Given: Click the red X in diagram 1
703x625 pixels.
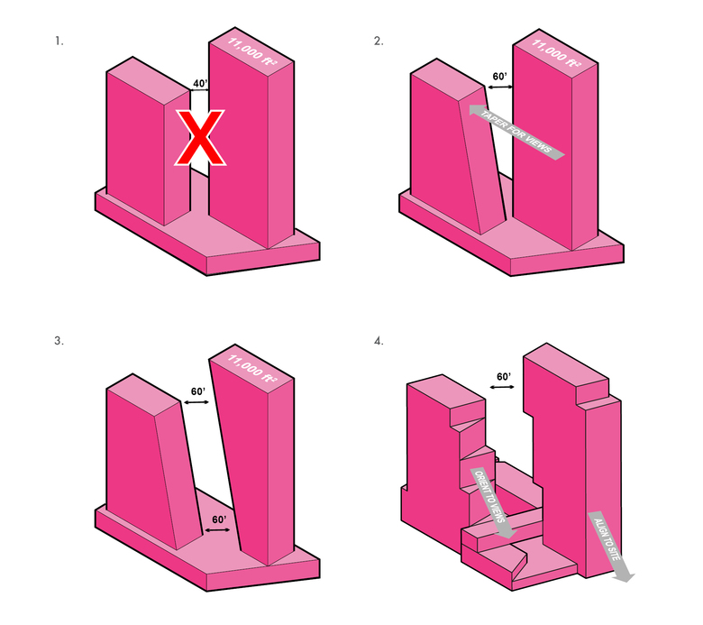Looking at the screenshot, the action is [x=200, y=137].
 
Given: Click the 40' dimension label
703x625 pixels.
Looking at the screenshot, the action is [x=200, y=84].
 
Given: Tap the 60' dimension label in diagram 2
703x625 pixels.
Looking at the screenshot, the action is [x=499, y=77].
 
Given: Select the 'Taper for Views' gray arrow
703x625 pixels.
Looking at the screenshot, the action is [x=516, y=132].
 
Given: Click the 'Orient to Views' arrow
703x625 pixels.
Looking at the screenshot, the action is [x=493, y=502].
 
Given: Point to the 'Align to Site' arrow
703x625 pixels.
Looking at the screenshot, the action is [x=611, y=547].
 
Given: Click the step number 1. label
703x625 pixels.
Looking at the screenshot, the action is [x=59, y=41].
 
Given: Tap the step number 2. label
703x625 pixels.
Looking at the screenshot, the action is [x=379, y=41].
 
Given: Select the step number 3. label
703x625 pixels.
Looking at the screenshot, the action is [x=59, y=341].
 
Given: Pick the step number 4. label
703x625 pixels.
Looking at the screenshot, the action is [x=379, y=341].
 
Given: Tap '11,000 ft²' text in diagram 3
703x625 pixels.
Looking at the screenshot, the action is [x=252, y=368].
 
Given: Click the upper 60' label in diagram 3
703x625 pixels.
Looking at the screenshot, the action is [x=197, y=391].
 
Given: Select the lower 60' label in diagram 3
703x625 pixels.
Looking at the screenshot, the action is [x=219, y=519].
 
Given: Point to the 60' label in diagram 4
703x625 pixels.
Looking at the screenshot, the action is [x=504, y=377].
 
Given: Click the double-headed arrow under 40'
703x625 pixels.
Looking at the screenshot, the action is [x=199, y=90].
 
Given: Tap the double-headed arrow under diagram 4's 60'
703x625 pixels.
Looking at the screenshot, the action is [x=502, y=386].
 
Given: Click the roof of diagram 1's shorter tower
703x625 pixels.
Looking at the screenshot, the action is [x=149, y=76].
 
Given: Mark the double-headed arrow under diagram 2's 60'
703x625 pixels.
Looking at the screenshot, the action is [x=500, y=87].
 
